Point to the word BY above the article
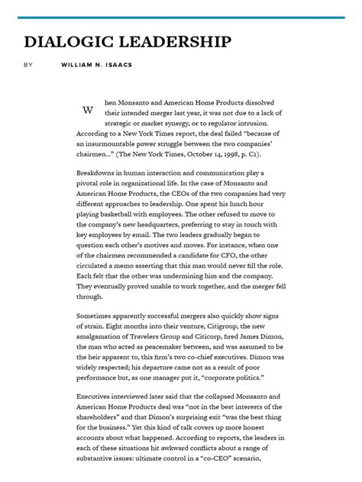(x=28, y=65)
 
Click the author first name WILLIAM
(x=77, y=65)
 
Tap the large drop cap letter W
(x=88, y=110)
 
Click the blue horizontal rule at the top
(x=181, y=17)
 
